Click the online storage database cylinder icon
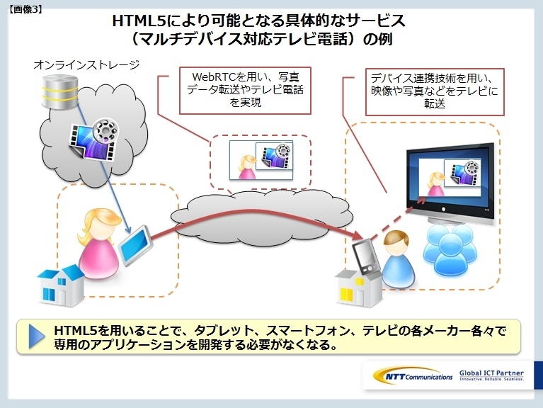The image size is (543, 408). tap(60, 91)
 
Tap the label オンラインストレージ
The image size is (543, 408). tap(86, 64)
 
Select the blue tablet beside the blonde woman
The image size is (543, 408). tap(135, 245)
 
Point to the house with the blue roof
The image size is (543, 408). tap(61, 285)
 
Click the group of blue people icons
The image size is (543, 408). tap(450, 250)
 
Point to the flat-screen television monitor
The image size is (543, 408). tap(450, 183)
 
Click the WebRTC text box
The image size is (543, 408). tap(245, 91)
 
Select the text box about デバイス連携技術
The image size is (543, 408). tap(435, 92)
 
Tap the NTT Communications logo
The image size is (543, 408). tap(413, 376)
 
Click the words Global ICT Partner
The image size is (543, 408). tap(491, 373)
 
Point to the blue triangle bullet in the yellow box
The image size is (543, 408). tap(37, 336)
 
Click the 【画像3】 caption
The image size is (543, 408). tap(25, 9)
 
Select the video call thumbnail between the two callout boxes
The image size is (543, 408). tap(261, 160)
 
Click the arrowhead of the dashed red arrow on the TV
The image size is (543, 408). tap(421, 200)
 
